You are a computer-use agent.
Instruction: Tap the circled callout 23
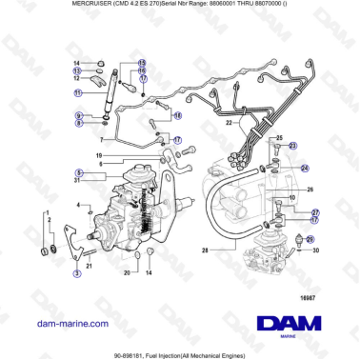(292, 145)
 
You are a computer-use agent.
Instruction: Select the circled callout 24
(303, 168)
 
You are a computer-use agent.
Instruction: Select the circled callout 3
(76, 273)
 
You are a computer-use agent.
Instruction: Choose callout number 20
(126, 273)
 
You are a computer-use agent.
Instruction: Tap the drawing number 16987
(307, 300)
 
